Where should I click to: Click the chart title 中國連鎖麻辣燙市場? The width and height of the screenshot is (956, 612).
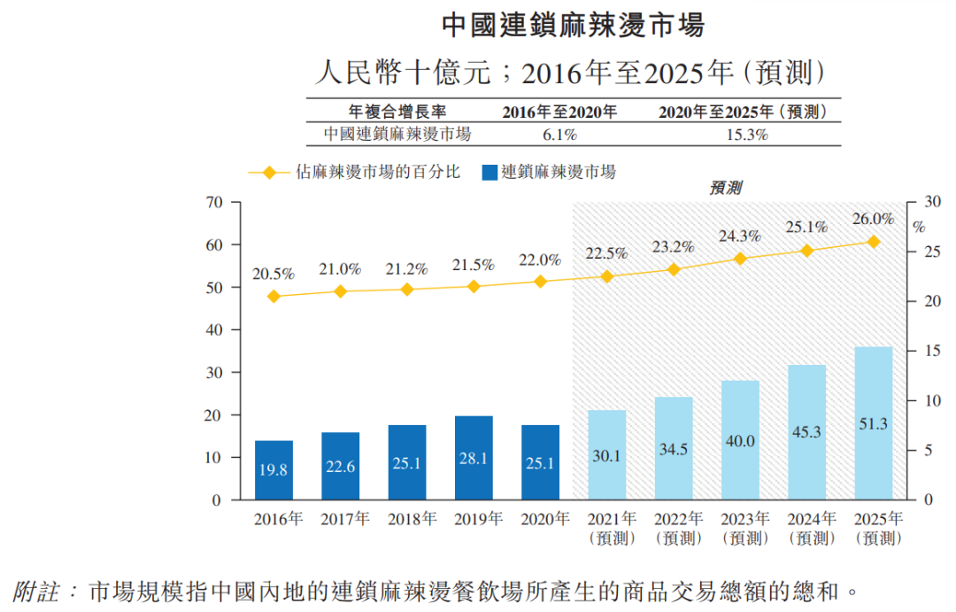(573, 26)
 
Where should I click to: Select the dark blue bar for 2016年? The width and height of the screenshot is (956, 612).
(274, 470)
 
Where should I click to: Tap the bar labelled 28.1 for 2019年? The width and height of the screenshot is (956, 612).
(473, 458)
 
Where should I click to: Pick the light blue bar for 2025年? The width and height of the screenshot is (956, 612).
(873, 423)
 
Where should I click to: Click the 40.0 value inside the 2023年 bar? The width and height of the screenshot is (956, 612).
(740, 440)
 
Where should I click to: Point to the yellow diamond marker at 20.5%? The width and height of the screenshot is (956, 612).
(274, 297)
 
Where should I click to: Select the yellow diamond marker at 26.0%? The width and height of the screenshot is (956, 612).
(873, 242)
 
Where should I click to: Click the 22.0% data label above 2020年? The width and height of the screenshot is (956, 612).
(540, 260)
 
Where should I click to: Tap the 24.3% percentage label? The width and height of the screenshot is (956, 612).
(740, 236)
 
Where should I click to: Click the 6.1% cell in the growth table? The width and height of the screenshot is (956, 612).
(559, 135)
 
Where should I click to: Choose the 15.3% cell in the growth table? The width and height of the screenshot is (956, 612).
(746, 135)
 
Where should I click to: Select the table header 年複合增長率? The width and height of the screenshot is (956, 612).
(397, 112)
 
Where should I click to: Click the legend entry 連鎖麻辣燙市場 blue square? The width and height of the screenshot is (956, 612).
(489, 173)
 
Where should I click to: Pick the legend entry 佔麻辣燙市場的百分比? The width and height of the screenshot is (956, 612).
(378, 173)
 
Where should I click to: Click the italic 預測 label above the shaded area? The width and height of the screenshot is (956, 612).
(726, 188)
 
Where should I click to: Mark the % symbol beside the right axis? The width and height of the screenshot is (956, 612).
(919, 227)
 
